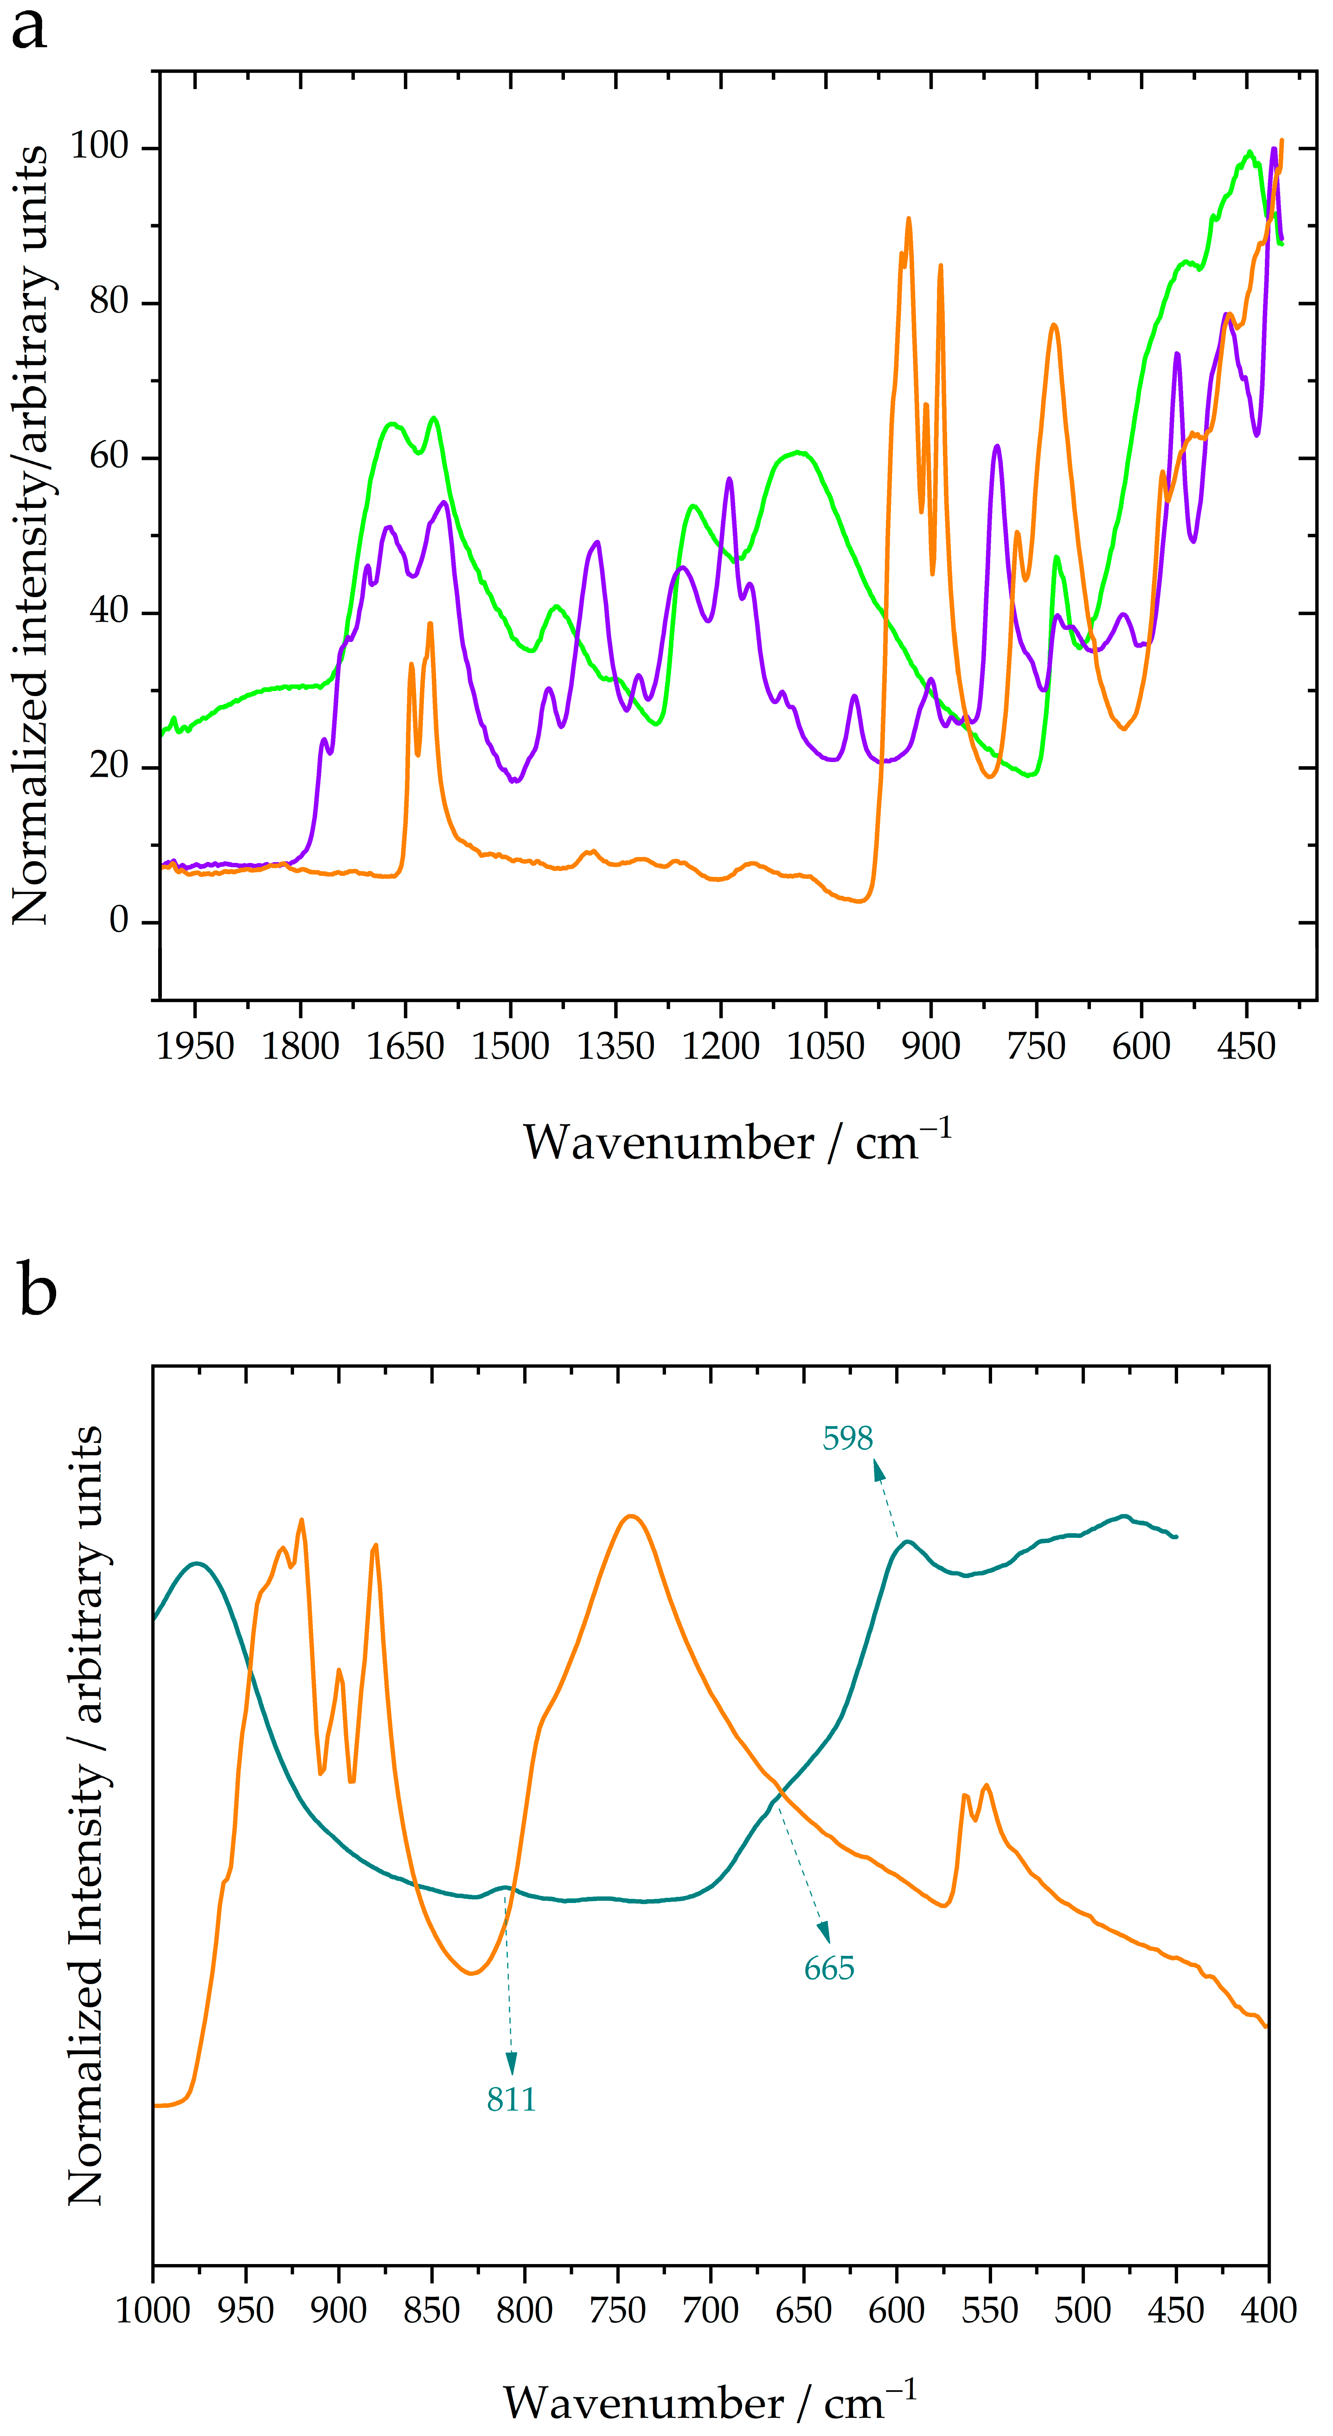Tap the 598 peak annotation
tap(847, 1438)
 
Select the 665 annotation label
tap(829, 1969)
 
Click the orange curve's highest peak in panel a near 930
tap(908, 218)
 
